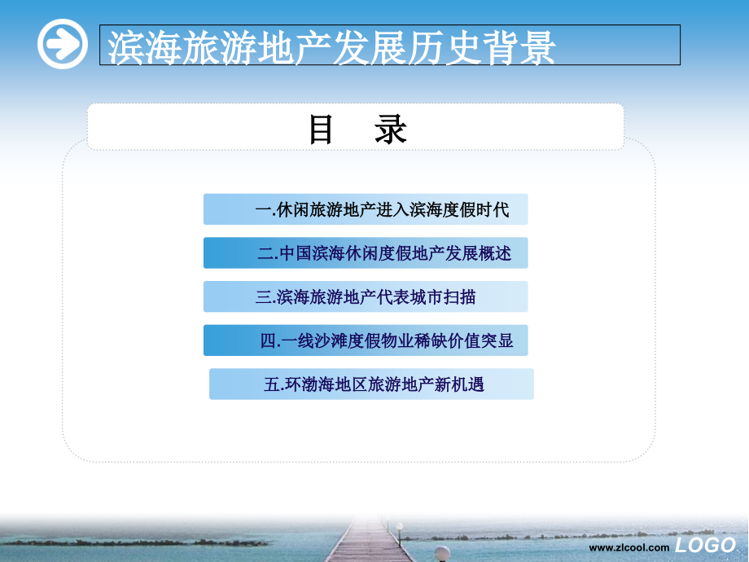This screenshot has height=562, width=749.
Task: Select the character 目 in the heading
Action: [322, 130]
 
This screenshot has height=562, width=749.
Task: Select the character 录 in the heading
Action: [391, 130]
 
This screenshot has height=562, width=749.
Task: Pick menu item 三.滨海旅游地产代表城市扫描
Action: [366, 297]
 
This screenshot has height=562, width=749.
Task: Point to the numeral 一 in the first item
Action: [262, 210]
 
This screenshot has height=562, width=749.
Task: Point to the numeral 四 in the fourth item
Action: [269, 341]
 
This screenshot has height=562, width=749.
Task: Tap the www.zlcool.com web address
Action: [629, 548]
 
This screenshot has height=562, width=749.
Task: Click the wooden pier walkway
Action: [366, 542]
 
